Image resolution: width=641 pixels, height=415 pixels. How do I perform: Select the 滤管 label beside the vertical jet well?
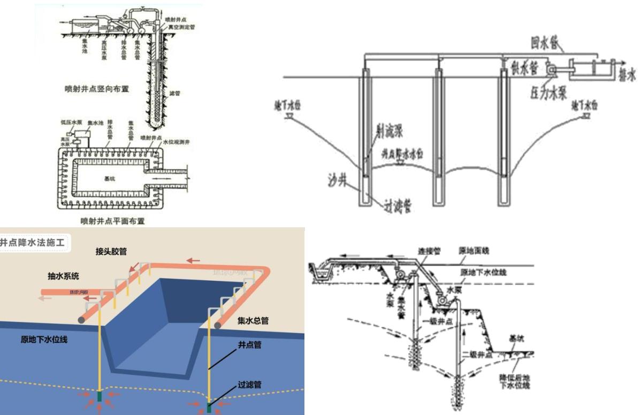[x=175, y=93]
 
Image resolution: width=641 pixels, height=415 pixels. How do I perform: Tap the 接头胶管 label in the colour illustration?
[x=115, y=251]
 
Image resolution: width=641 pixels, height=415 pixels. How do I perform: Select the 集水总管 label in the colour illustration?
[x=253, y=321]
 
